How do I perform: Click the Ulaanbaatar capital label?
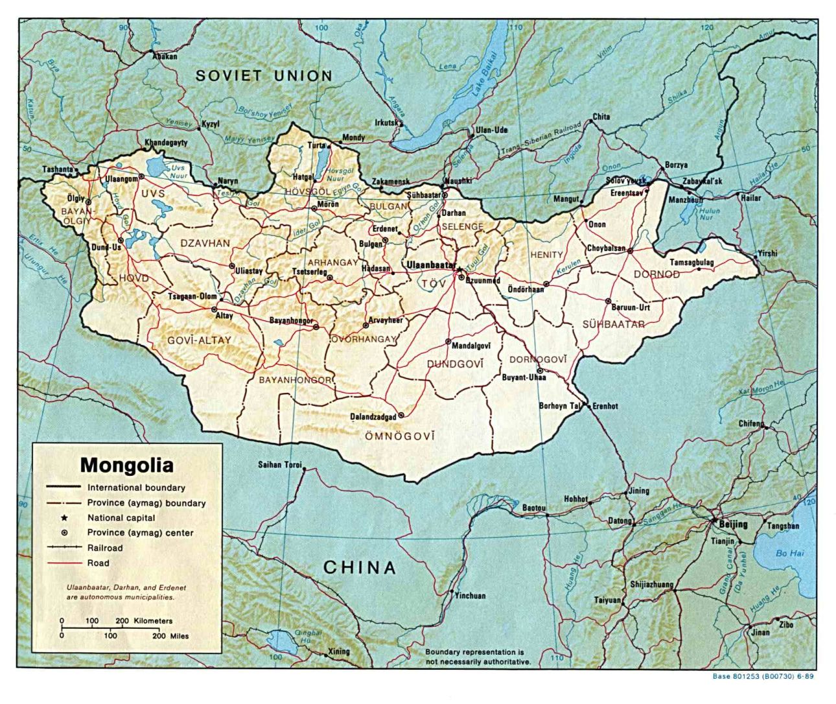tap(428, 264)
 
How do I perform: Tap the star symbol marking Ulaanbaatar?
tap(459, 268)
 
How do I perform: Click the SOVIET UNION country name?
tap(264, 76)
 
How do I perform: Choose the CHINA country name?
tap(360, 568)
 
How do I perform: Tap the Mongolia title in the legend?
tap(126, 465)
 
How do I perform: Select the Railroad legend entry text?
tap(105, 548)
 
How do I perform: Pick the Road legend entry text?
tap(99, 563)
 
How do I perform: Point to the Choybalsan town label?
tap(606, 248)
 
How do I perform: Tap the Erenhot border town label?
tap(605, 406)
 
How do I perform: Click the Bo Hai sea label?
tap(789, 553)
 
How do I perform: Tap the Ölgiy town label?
tap(76, 198)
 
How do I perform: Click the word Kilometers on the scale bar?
tap(153, 620)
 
